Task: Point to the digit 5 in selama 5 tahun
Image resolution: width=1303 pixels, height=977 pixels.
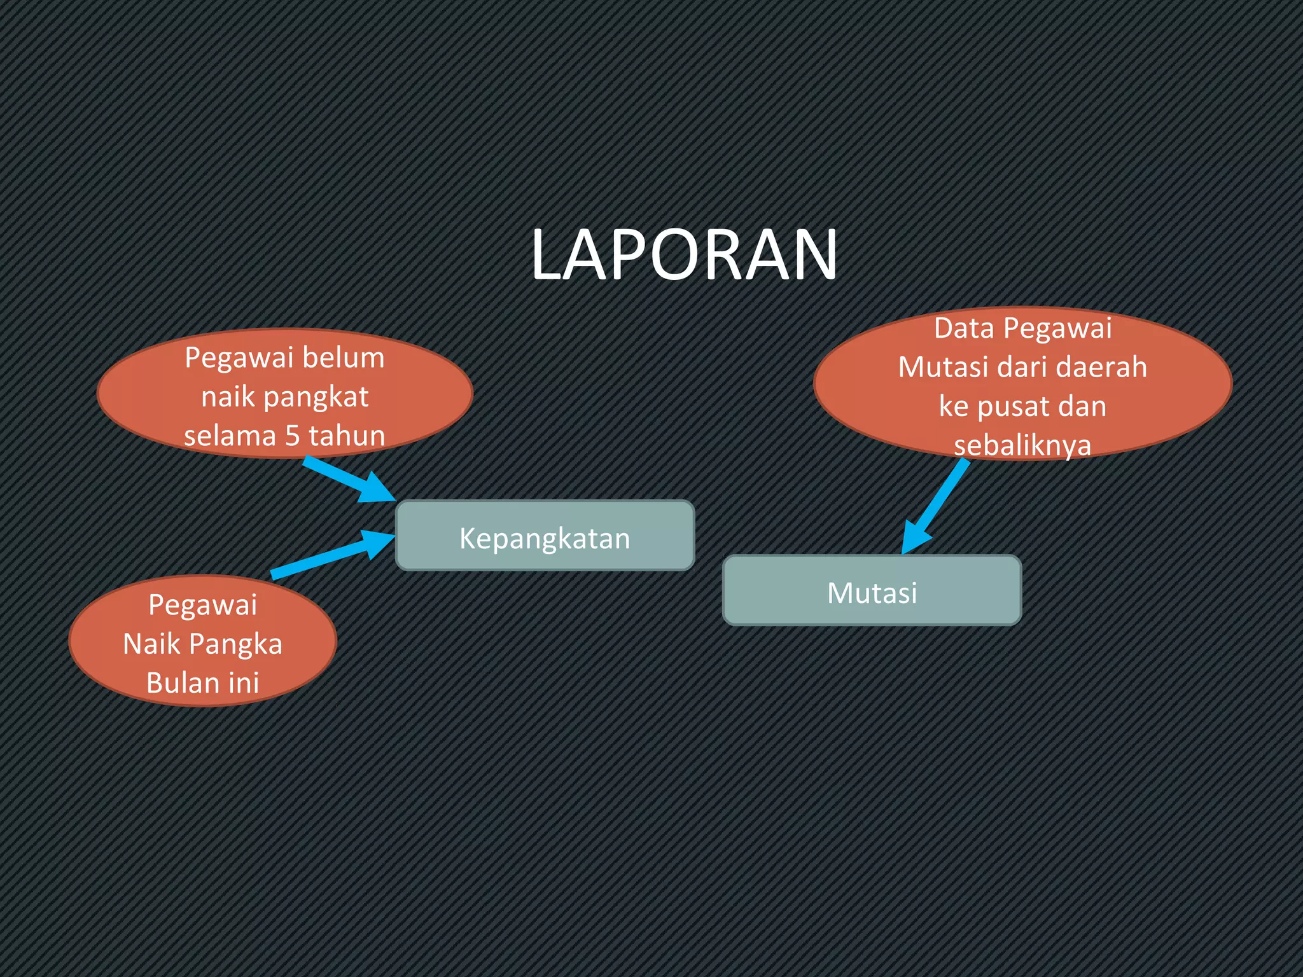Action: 292,436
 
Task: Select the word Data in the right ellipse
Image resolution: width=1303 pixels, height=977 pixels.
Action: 963,329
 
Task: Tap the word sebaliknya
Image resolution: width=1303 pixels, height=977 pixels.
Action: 1022,445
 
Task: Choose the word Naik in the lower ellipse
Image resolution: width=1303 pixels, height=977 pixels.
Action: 151,644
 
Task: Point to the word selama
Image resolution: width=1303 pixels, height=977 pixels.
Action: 230,436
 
